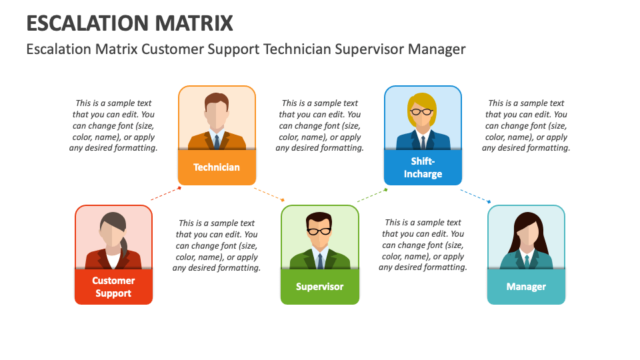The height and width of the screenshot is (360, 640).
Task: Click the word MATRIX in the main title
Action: pyautogui.click(x=194, y=23)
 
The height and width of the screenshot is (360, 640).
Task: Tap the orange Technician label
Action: pyautogui.click(x=217, y=167)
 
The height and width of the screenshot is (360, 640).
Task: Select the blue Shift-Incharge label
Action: pyautogui.click(x=423, y=167)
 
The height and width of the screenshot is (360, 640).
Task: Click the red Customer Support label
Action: pyautogui.click(x=113, y=287)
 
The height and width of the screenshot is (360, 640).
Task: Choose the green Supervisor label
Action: pyautogui.click(x=320, y=287)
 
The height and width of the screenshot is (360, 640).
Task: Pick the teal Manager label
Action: pyautogui.click(x=526, y=287)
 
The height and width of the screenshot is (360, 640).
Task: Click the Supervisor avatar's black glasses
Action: pyautogui.click(x=319, y=231)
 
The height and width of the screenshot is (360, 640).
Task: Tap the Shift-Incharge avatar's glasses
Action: pyautogui.click(x=421, y=111)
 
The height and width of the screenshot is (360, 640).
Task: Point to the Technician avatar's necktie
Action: pyautogui.click(x=217, y=141)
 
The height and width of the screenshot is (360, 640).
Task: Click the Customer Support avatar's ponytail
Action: pyautogui.click(x=124, y=246)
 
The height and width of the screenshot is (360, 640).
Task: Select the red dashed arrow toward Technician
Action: pyautogui.click(x=166, y=193)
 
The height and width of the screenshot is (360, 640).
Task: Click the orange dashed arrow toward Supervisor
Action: pyautogui.click(x=269, y=194)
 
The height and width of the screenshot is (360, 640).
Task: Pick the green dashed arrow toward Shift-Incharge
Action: pyautogui.click(x=372, y=195)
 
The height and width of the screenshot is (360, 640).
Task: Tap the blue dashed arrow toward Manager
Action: pyautogui.click(x=476, y=196)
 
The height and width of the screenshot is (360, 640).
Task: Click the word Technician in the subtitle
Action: pyautogui.click(x=297, y=49)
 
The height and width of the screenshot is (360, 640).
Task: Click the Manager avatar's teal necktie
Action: pyautogui.click(x=527, y=261)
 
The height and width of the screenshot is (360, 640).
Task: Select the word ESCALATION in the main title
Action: pyautogui.click(x=89, y=23)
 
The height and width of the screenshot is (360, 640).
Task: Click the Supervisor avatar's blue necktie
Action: pyautogui.click(x=320, y=261)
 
